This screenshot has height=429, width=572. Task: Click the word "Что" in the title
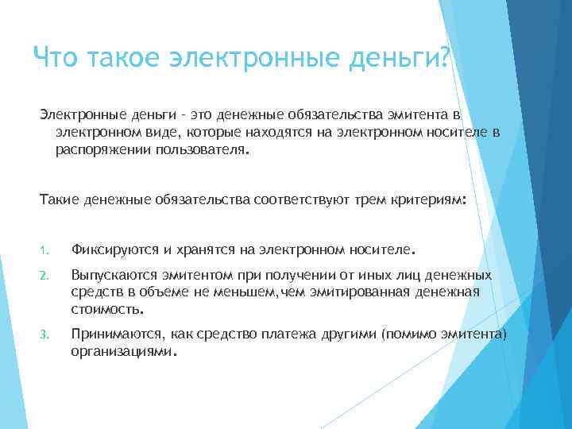point(56,56)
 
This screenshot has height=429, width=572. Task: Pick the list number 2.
point(45,276)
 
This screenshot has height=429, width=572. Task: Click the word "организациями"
point(120,349)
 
